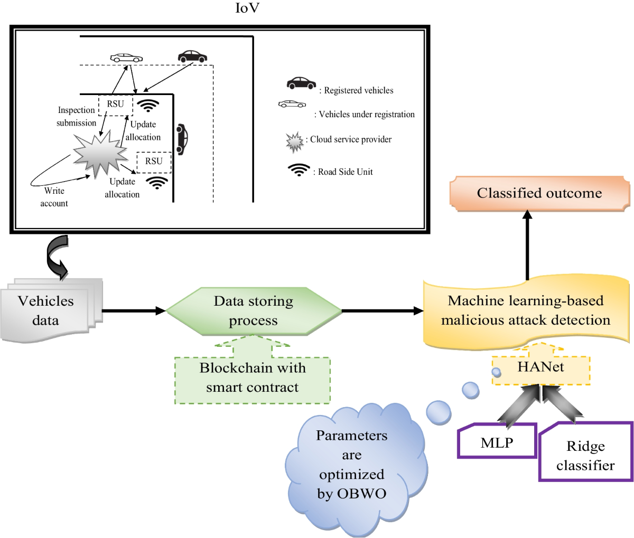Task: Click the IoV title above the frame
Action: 247,8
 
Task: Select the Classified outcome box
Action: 539,193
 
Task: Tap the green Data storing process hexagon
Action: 254,311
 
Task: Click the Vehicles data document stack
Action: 48,311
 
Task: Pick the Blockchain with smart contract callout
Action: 253,378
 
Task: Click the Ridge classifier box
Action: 585,455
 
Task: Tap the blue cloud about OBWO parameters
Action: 352,465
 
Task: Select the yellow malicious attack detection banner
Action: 526,310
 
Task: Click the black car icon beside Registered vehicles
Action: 301,83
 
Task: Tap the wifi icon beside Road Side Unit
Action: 299,170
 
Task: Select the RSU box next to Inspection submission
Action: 115,104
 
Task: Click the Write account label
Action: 54,197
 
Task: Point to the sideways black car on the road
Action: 182,139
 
